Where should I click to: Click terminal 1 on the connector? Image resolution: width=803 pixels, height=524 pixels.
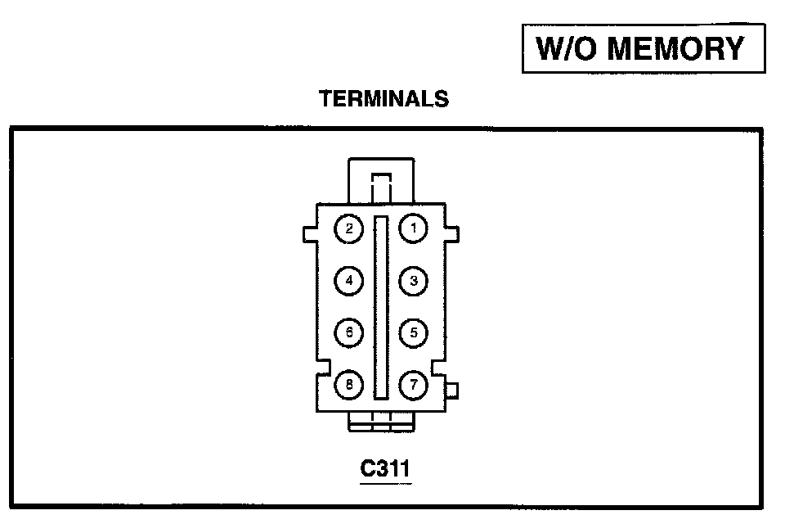pyautogui.click(x=414, y=228)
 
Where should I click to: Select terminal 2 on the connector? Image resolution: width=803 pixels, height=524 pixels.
pyautogui.click(x=349, y=228)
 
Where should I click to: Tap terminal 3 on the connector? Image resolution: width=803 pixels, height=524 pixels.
pyautogui.click(x=414, y=281)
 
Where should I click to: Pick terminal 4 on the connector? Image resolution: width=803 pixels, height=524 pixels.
pyautogui.click(x=349, y=281)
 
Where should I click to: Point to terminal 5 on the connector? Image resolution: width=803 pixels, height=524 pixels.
pyautogui.click(x=414, y=332)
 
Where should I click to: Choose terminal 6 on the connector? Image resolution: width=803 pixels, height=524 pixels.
pyautogui.click(x=349, y=332)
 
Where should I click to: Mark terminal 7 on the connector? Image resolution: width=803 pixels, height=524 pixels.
pyautogui.click(x=414, y=384)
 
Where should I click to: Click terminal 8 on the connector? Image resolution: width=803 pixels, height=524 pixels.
pyautogui.click(x=349, y=384)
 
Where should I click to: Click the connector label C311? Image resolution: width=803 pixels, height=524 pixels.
pyautogui.click(x=385, y=469)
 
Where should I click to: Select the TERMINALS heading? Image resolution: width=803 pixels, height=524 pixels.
pyautogui.click(x=384, y=99)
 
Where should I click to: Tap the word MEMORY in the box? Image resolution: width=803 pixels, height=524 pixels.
pyautogui.click(x=676, y=49)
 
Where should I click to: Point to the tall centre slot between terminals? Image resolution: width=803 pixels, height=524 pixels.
pyautogui.click(x=381, y=307)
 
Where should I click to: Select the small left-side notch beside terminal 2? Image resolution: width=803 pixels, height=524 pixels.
pyautogui.click(x=310, y=234)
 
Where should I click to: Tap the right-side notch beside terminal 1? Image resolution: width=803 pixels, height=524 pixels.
pyautogui.click(x=452, y=234)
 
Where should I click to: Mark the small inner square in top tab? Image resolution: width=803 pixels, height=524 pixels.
pyautogui.click(x=381, y=182)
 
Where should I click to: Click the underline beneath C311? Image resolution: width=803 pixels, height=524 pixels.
pyautogui.click(x=385, y=482)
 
